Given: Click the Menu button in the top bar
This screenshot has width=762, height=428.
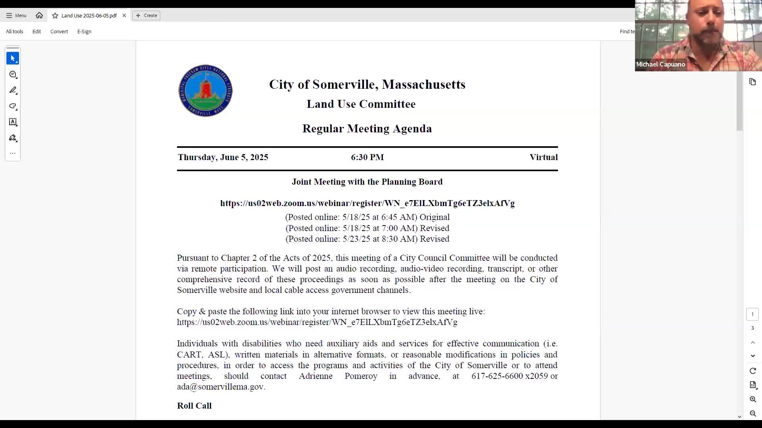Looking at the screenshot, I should click(x=16, y=15).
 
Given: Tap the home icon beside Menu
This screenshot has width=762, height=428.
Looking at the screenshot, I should click(x=39, y=15).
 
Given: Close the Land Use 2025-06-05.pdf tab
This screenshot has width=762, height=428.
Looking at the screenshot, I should click(x=124, y=15).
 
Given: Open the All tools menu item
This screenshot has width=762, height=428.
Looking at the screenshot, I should click(x=15, y=32).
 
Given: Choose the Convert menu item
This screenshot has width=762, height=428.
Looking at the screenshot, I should click(x=59, y=32).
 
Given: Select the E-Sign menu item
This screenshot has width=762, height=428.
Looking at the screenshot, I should click(x=84, y=32).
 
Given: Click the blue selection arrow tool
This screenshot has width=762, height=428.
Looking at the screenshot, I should click(x=13, y=59).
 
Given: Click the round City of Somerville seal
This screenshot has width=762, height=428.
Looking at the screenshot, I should click(x=205, y=91).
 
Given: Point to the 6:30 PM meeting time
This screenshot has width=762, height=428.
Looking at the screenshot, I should click(x=367, y=157).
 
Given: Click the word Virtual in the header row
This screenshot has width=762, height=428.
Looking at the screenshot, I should click(x=543, y=157).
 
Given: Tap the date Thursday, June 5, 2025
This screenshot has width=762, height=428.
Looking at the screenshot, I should click(x=223, y=157).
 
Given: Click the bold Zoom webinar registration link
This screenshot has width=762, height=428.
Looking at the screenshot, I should click(x=367, y=203).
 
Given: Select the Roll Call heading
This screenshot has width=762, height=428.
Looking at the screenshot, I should click(x=194, y=406).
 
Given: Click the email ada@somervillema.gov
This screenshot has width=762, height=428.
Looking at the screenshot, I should click(x=220, y=387).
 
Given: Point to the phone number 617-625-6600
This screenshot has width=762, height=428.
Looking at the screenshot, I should click(x=497, y=376).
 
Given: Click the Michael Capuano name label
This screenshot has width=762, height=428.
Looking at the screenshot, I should click(x=660, y=64).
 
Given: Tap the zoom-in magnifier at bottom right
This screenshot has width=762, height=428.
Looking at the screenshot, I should click(x=753, y=399).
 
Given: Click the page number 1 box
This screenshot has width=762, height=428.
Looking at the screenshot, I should click(x=752, y=314).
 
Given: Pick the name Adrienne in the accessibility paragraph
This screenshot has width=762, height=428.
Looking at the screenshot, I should click(x=316, y=376).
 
